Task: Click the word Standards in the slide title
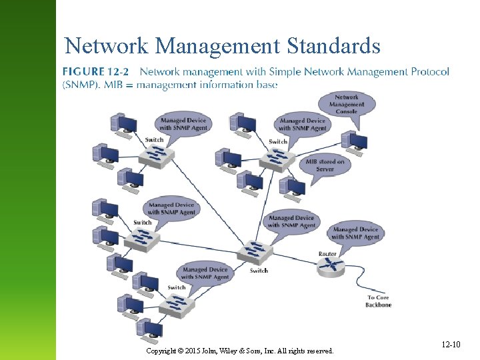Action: click(333, 46)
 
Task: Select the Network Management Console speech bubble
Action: click(347, 105)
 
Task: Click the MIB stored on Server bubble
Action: click(325, 165)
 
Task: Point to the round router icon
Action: click(330, 267)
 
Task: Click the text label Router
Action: click(327, 254)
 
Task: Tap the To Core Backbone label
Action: click(378, 301)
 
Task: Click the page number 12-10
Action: click(450, 345)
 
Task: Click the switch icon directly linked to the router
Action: click(255, 253)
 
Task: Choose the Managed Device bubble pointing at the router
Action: click(355, 233)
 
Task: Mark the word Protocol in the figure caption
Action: click(430, 71)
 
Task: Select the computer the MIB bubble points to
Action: click(291, 187)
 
